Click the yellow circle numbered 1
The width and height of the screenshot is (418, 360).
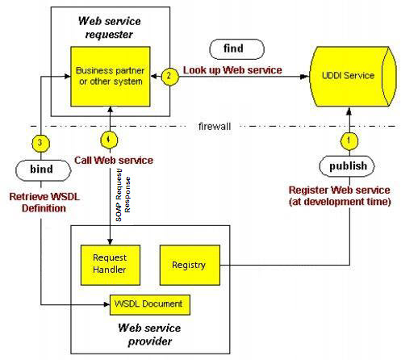tap(349, 140)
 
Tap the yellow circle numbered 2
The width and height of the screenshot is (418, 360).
tap(169, 77)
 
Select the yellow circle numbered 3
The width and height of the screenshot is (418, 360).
tap(40, 143)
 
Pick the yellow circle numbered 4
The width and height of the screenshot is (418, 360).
tap(109, 140)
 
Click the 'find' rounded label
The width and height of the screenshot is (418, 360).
tap(236, 49)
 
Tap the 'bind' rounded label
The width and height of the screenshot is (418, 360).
tap(44, 170)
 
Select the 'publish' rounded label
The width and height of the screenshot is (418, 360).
tap(347, 166)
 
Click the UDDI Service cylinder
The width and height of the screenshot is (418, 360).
tap(353, 77)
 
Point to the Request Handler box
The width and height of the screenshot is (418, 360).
tap(111, 265)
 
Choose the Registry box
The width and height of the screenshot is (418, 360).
tap(190, 265)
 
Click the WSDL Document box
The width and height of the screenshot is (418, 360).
tap(150, 305)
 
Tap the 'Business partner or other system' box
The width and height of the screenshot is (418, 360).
tap(111, 77)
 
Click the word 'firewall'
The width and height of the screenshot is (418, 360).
tap(215, 127)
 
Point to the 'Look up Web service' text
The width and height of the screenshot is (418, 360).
tap(232, 70)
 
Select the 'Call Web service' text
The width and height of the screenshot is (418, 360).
tap(114, 161)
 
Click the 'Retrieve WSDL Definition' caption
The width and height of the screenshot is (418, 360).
tap(44, 203)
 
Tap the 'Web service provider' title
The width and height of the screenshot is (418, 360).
tap(149, 334)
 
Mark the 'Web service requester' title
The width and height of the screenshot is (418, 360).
tap(109, 27)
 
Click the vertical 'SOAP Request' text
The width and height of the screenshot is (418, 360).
tap(119, 195)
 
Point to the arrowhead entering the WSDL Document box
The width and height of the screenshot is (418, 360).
tap(107, 304)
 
